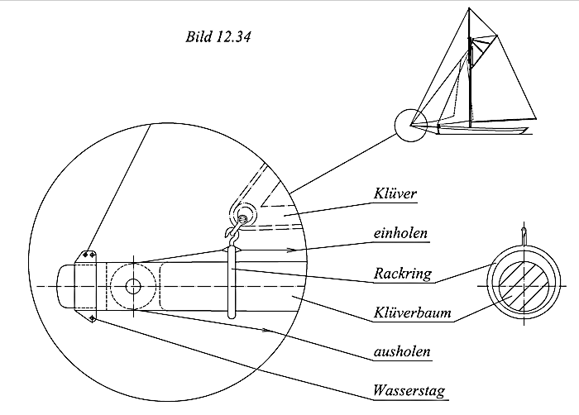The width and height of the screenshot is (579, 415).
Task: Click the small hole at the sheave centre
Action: tap(132, 286)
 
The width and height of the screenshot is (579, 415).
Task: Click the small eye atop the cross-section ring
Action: tap(522, 232)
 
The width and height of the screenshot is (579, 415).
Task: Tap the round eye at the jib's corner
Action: tap(244, 216)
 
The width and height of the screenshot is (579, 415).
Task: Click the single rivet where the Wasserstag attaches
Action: tap(92, 317)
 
